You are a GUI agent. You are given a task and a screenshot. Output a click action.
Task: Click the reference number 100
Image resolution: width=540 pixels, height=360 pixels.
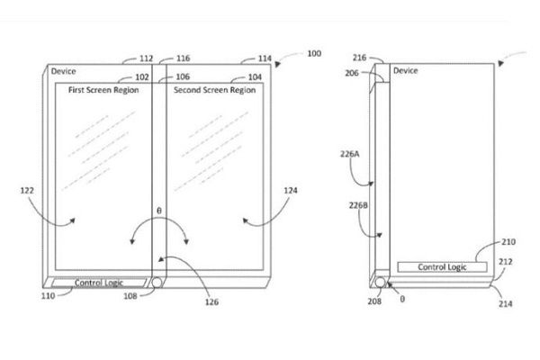pyautogui.click(x=314, y=53)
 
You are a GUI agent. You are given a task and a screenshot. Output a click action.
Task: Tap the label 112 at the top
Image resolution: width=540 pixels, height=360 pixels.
pyautogui.click(x=146, y=58)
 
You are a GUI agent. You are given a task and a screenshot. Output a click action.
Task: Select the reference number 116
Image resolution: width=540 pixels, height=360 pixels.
pyautogui.click(x=184, y=58)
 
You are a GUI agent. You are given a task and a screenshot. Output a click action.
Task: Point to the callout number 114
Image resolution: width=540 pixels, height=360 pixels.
pyautogui.click(x=265, y=58)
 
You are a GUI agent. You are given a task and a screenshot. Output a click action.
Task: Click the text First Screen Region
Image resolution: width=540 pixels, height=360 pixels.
pyautogui.click(x=103, y=90)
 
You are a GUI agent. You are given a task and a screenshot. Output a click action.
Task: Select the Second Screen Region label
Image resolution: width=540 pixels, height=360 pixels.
pyautogui.click(x=214, y=90)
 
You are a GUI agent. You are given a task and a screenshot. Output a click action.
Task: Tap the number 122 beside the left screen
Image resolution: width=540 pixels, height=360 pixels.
pyautogui.click(x=27, y=190)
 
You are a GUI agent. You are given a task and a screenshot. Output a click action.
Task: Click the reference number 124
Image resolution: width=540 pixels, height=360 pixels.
pyautogui.click(x=291, y=191)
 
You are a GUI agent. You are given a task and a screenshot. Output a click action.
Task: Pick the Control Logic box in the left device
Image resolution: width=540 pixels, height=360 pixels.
pyautogui.click(x=99, y=283)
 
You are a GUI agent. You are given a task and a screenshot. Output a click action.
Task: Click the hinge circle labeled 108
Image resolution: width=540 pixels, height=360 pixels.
pyautogui.click(x=157, y=283)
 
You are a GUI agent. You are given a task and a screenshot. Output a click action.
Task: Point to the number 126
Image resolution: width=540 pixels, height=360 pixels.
pyautogui.click(x=211, y=302)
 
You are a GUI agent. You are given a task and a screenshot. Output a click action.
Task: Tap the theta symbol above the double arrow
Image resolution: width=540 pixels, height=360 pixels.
pyautogui.click(x=158, y=211)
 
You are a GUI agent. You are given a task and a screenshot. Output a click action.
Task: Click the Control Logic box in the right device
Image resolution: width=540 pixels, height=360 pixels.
pyautogui.click(x=442, y=267)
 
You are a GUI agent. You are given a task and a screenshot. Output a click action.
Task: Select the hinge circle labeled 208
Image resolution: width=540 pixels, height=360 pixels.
pyautogui.click(x=380, y=283)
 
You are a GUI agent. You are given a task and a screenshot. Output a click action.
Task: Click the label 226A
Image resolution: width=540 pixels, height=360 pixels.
pyautogui.click(x=350, y=154)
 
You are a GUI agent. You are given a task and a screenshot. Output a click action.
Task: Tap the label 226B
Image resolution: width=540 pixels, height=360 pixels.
pyautogui.click(x=358, y=206)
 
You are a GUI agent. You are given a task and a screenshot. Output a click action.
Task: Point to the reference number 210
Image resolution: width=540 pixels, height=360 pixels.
pyautogui.click(x=508, y=242)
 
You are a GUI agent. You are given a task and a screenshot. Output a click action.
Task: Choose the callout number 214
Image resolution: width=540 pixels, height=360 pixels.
pyautogui.click(x=505, y=304)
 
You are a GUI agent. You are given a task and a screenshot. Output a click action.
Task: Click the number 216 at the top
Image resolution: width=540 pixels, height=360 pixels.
pyautogui.click(x=359, y=58)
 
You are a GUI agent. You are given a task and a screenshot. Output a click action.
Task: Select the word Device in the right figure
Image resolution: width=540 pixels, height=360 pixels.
pyautogui.click(x=405, y=71)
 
